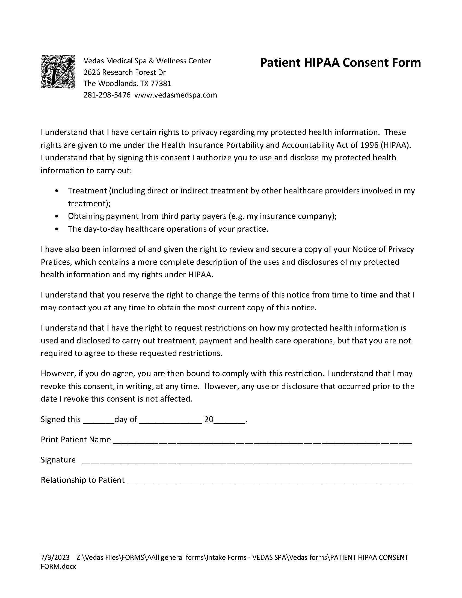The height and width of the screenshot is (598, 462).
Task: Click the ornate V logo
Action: pyautogui.click(x=58, y=72)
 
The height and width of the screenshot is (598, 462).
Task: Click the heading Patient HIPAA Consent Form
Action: pyautogui.click(x=340, y=63)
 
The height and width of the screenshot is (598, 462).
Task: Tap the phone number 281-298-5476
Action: pyautogui.click(x=107, y=95)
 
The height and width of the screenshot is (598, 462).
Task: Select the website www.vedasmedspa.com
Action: pyautogui.click(x=176, y=95)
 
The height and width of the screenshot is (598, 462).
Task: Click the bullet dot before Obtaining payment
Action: pyautogui.click(x=57, y=216)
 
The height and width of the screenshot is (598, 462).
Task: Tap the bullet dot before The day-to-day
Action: pyautogui.click(x=57, y=229)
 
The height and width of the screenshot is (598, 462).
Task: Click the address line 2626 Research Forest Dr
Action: pyautogui.click(x=125, y=72)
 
